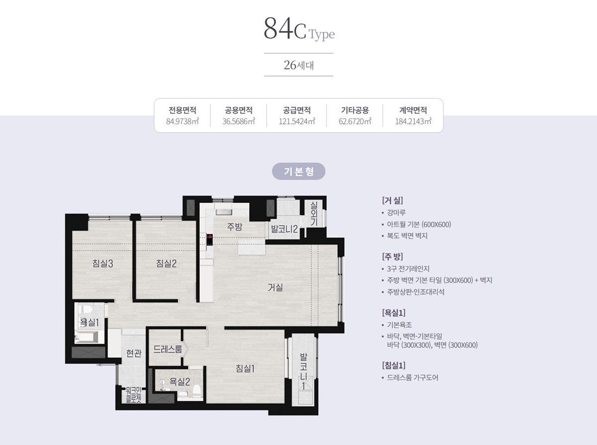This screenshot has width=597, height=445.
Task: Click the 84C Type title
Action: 299,29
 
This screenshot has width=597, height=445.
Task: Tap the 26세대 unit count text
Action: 298,65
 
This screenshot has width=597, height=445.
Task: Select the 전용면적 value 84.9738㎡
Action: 183,121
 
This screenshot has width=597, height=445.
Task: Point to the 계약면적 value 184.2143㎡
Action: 413,121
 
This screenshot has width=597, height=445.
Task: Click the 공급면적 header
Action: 297,110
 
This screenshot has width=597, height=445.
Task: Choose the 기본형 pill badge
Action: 298,171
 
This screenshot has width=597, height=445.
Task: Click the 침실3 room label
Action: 102,263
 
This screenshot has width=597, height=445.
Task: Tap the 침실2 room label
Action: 166,263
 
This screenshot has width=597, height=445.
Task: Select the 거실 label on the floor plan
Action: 275,287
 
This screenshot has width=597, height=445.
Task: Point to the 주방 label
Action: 234,226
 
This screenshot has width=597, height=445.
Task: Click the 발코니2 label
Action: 284,229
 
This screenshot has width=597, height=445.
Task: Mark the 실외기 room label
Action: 314,214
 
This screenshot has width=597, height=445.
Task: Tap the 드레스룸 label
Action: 168,349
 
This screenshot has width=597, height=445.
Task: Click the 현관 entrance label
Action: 134,353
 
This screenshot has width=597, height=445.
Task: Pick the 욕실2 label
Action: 180,382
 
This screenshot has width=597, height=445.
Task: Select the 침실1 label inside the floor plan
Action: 245,369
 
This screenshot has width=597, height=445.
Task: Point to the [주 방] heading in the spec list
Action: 393,257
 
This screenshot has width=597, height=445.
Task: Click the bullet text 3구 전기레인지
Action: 408,269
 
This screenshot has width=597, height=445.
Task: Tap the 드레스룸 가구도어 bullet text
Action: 412,377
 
